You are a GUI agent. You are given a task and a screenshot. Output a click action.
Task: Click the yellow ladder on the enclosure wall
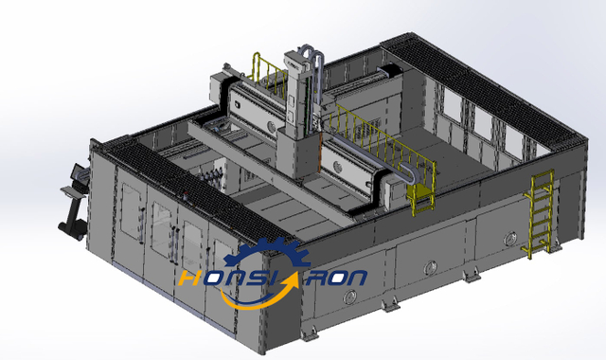pos(541,213)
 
